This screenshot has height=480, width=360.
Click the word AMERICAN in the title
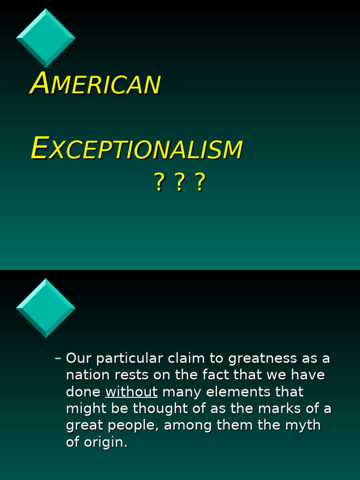96,84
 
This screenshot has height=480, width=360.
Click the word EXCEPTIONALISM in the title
136,149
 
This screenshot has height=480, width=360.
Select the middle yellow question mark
179,182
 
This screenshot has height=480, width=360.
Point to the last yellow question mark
200,182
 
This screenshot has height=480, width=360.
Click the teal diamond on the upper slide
45,37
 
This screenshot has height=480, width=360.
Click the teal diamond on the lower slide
45,308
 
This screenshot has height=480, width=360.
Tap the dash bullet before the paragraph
58,359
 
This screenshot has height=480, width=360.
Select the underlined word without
131,392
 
